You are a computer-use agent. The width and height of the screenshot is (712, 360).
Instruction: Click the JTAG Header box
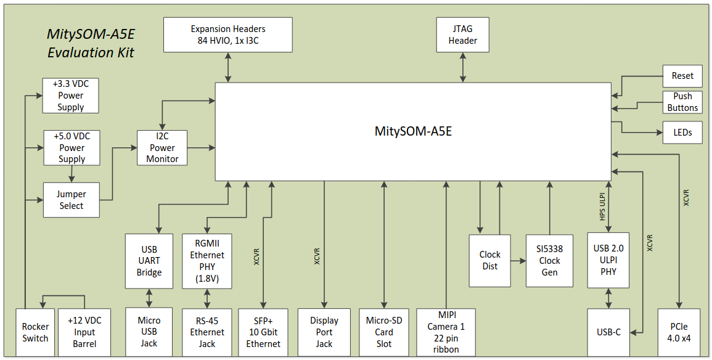pyautogui.click(x=463, y=35)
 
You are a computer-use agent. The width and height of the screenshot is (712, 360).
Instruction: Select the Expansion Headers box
pyautogui.click(x=228, y=35)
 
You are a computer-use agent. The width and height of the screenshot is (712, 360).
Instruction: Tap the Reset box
pyautogui.click(x=682, y=76)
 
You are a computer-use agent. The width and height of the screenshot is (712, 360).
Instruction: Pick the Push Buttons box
pyautogui.click(x=682, y=102)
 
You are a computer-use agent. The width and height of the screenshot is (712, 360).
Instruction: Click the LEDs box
pyautogui.click(x=682, y=132)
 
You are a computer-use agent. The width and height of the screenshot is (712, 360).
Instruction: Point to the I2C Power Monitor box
pyautogui.click(x=162, y=148)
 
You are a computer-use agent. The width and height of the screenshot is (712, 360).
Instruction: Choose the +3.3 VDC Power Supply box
pyautogui.click(x=71, y=96)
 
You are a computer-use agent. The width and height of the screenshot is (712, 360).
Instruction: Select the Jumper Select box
pyautogui.click(x=72, y=200)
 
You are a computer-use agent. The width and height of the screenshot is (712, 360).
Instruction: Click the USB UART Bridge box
pyautogui.click(x=149, y=261)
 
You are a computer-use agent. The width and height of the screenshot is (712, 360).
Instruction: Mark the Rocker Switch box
pyautogui.click(x=35, y=332)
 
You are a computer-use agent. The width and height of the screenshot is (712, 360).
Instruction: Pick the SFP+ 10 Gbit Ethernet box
pyautogui.click(x=263, y=332)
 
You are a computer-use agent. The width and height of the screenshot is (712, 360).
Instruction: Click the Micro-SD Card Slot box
pyautogui.click(x=384, y=332)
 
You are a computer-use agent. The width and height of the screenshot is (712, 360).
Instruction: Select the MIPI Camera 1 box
pyautogui.click(x=446, y=332)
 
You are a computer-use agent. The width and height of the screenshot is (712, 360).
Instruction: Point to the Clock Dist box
pyautogui.click(x=490, y=260)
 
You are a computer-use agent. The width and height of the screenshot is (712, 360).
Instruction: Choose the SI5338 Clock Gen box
pyautogui.click(x=549, y=260)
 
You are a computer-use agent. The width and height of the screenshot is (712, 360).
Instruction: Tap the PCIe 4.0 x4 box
pyautogui.click(x=679, y=332)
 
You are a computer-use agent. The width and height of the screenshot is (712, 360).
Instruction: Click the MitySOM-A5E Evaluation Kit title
pyautogui.click(x=91, y=43)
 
